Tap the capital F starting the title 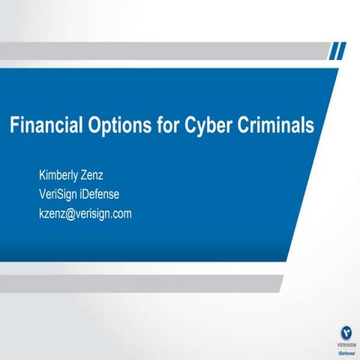[13, 125]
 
